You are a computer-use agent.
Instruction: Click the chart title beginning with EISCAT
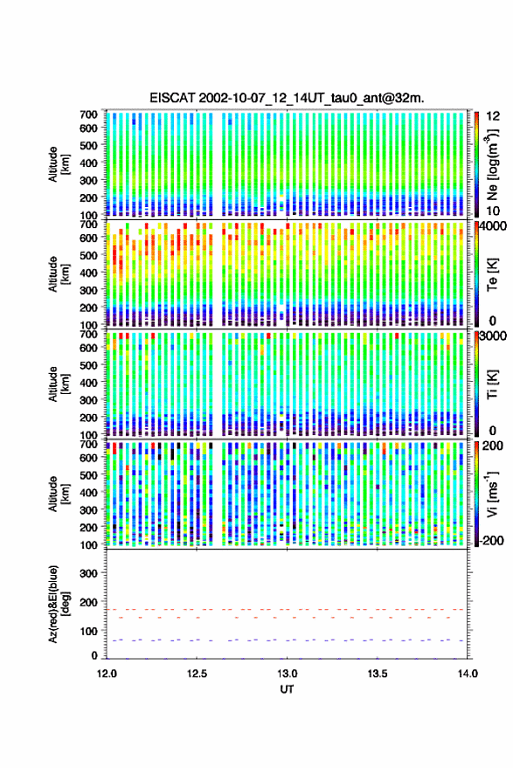287,98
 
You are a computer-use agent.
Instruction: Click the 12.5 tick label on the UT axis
197,674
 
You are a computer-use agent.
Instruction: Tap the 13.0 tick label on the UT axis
288,674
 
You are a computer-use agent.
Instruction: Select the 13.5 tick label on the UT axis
378,674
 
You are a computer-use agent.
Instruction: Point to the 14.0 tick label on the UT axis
468,674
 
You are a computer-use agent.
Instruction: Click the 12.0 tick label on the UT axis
107,674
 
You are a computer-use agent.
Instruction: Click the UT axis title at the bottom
288,689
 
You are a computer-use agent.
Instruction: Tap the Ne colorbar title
492,164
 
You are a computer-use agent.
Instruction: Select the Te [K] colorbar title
492,274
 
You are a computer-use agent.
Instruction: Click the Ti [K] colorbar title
492,384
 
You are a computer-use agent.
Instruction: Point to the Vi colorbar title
492,494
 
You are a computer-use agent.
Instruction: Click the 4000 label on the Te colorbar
492,226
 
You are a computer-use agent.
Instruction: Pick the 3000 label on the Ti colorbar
492,336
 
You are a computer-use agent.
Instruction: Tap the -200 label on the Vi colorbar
490,541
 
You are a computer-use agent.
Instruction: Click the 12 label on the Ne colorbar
493,116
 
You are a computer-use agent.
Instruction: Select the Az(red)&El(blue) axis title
59,604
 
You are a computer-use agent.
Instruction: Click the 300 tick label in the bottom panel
88,573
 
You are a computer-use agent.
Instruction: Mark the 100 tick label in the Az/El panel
88,631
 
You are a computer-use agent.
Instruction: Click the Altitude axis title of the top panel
59,164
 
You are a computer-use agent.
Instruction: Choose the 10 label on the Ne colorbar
493,211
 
